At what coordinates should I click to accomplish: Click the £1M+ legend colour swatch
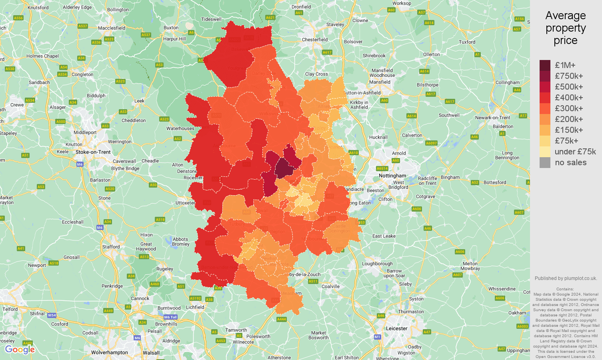click(x=545, y=65)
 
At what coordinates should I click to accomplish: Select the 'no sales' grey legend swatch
click(x=545, y=162)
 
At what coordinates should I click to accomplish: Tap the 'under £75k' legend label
click(x=575, y=152)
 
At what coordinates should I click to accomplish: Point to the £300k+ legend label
click(x=568, y=108)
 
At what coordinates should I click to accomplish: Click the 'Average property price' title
click(x=565, y=28)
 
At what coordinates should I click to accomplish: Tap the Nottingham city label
click(x=392, y=176)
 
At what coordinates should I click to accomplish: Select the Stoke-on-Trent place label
click(x=93, y=152)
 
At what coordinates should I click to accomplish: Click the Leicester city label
click(x=396, y=328)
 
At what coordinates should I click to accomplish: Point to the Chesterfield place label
click(x=314, y=40)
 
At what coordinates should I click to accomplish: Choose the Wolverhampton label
click(x=110, y=352)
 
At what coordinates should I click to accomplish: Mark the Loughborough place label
click(x=377, y=264)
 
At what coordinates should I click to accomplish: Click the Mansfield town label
click(x=380, y=82)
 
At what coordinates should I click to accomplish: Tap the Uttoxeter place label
click(x=185, y=203)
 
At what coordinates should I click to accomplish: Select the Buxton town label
click(x=171, y=28)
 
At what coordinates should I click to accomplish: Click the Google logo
click(x=20, y=350)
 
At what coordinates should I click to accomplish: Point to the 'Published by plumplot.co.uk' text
click(x=566, y=278)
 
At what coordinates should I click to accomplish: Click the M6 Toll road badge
click(x=170, y=317)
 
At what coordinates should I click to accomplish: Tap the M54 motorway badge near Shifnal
click(x=52, y=315)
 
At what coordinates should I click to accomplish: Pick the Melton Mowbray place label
click(x=470, y=266)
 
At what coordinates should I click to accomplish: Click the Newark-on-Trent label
click(x=492, y=118)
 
